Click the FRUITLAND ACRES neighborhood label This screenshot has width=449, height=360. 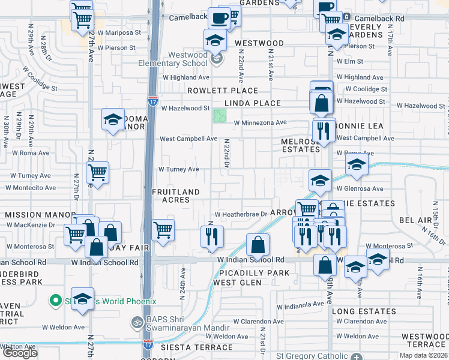[x=175, y=196]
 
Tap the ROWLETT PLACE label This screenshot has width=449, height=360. [x=222, y=91]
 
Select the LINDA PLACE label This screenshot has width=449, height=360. [x=252, y=103]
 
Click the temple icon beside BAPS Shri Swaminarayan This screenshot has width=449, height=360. [x=136, y=322]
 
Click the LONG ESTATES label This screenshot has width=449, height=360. [x=364, y=311]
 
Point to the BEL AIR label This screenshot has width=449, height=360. [x=415, y=221]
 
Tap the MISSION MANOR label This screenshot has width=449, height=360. [x=31, y=214]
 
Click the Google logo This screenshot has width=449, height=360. [x=20, y=352]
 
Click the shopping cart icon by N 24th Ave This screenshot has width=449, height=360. [x=163, y=229]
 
